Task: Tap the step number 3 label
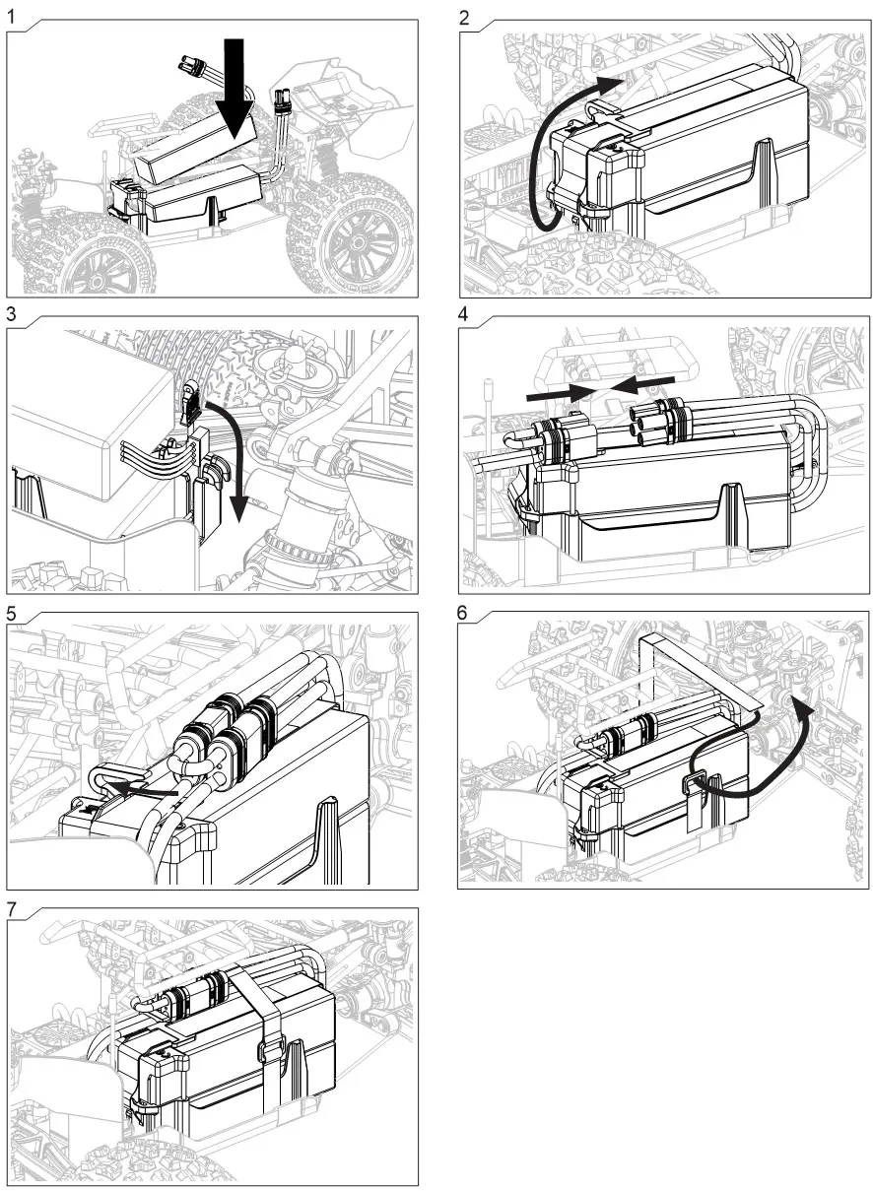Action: click(12, 313)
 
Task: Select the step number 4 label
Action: click(465, 313)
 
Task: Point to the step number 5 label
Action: click(12, 611)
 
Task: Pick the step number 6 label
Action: click(465, 611)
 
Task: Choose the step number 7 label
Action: click(12, 908)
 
